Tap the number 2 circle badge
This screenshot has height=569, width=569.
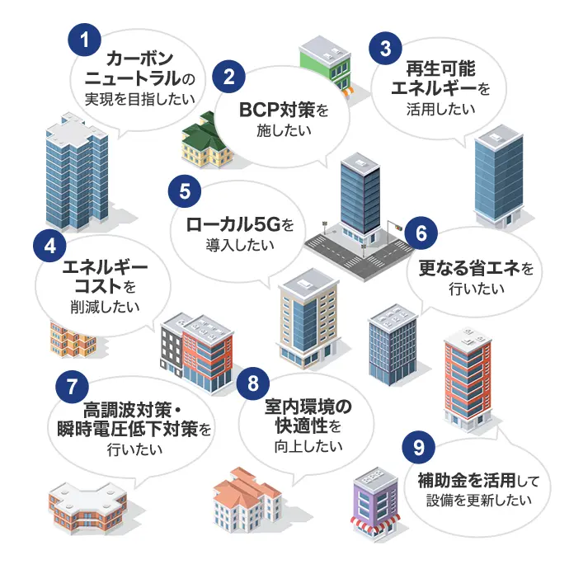pos(228,78)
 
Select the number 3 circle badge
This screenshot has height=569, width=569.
pos(381,45)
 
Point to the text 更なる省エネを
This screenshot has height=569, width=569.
pos(476,269)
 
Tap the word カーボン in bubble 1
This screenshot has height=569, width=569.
pos(141,59)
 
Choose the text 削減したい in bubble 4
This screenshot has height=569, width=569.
pos(100,305)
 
